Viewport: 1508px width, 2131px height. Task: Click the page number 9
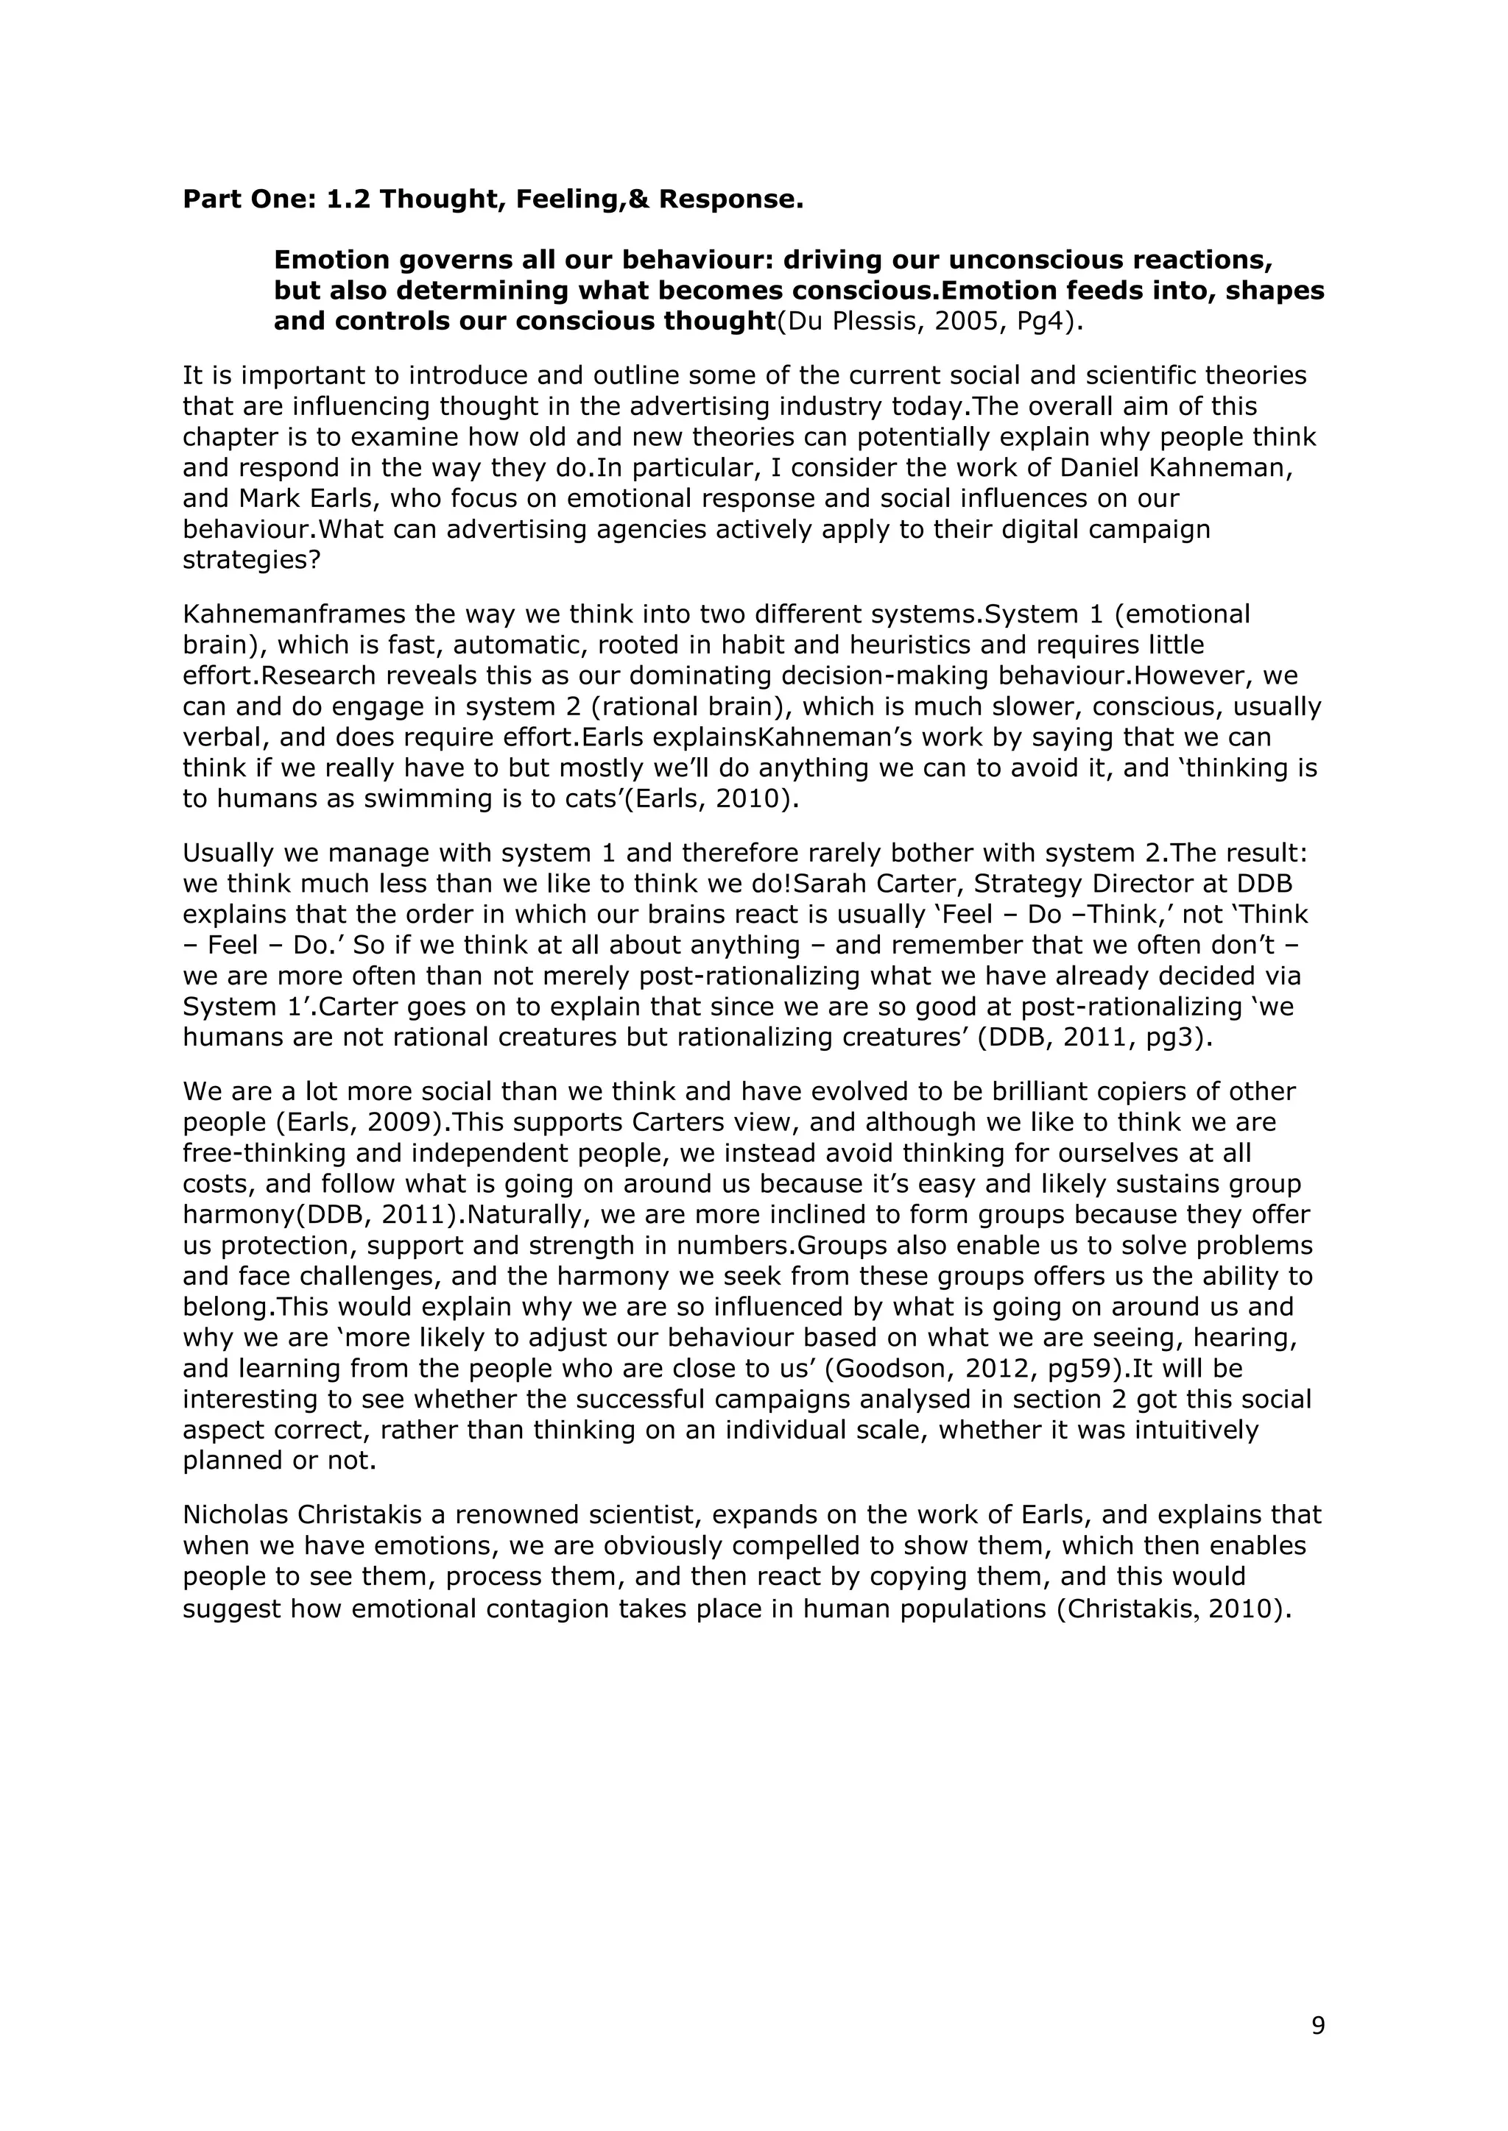tap(1317, 2026)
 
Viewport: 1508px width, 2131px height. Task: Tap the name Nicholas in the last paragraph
tap(236, 1516)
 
